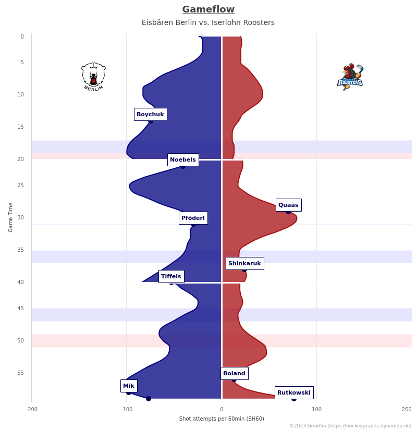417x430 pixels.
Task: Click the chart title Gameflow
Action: coord(208,9)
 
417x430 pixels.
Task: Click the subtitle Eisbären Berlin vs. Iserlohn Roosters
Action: coord(208,22)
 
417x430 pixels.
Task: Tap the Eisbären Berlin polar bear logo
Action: coord(93,77)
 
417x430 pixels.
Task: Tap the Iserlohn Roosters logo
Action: coord(350,77)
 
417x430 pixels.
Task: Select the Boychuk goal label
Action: coord(150,114)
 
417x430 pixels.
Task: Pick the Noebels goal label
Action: coord(183,159)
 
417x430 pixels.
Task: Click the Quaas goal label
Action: coord(288,205)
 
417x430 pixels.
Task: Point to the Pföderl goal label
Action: coord(193,218)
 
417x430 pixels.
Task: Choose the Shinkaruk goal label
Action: coord(244,263)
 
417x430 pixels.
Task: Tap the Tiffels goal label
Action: coord(171,276)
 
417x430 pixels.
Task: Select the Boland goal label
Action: coord(234,373)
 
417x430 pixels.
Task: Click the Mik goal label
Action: coord(129,386)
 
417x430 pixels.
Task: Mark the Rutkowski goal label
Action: coord(294,392)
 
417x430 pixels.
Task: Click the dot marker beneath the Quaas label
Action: coord(288,212)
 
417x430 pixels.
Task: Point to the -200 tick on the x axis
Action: coord(32,409)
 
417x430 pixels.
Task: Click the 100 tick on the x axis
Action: coord(316,409)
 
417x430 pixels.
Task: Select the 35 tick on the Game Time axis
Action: coord(21,250)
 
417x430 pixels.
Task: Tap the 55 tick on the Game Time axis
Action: coord(21,373)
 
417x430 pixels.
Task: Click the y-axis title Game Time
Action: coord(10,217)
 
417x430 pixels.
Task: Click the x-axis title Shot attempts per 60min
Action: coord(222,419)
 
